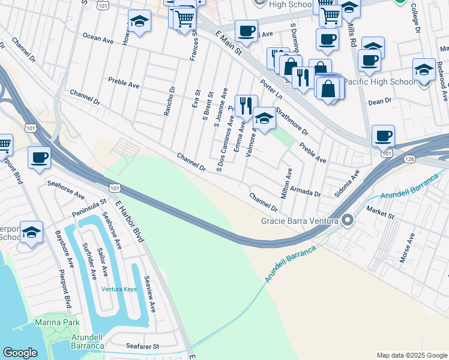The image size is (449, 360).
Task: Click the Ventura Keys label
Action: pos(119,289)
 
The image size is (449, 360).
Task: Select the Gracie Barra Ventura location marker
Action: pos(347,221)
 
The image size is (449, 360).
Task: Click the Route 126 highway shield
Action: pos(409,159)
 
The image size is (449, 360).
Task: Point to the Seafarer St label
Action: pos(142,346)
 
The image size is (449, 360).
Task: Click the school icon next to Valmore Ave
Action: pos(264,118)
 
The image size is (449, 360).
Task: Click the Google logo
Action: pos(20,353)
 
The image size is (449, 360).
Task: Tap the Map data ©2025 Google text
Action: pos(412,355)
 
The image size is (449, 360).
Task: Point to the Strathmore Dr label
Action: pos(291,122)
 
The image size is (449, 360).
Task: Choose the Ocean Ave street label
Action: pos(98,39)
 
